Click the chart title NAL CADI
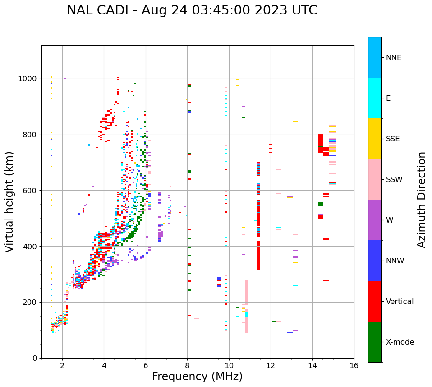tap(101, 10)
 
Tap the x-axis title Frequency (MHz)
tap(197, 377)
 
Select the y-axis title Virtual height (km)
tap(9, 201)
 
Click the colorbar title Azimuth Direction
tap(422, 200)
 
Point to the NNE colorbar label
tap(393, 58)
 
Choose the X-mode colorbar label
tap(400, 342)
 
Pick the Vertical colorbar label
tap(400, 302)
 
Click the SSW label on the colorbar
tap(394, 180)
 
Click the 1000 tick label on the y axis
tap(28, 79)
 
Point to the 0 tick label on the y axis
tap(35, 358)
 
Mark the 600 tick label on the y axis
tap(30, 191)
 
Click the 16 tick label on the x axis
tap(354, 365)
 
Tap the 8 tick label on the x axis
tap(187, 365)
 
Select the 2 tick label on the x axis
tap(62, 365)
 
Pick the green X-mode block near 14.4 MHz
tap(321, 204)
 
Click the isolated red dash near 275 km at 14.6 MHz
tap(326, 281)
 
